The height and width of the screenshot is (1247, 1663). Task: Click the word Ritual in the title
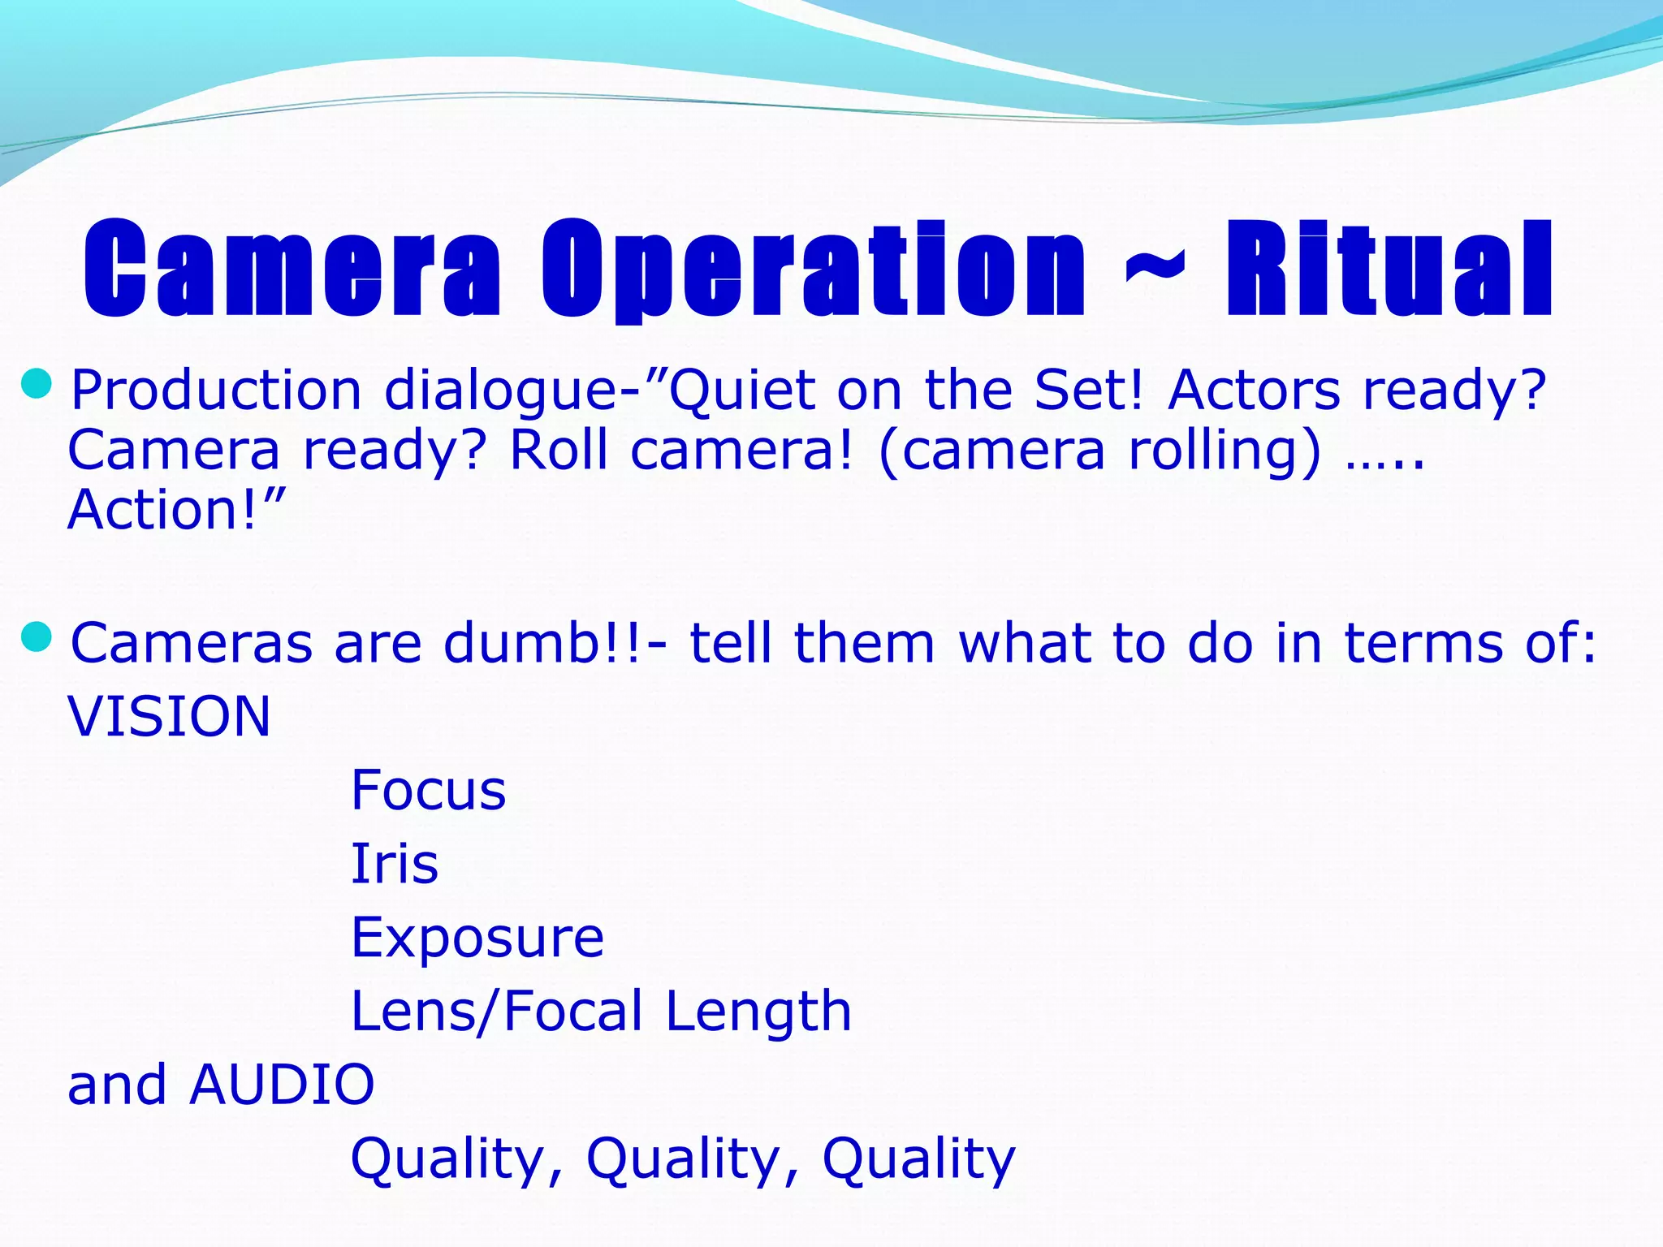[x=1389, y=269]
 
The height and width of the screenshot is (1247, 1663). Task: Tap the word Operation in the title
[x=813, y=269]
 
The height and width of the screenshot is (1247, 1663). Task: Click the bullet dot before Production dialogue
[x=37, y=383]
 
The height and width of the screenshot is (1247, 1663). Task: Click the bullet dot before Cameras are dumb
[x=37, y=636]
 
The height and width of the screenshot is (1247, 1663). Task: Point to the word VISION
[x=169, y=717]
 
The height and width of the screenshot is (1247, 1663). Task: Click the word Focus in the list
[x=428, y=790]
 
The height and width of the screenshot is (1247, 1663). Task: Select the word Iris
[x=394, y=863]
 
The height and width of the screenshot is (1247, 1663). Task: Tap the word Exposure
[x=477, y=938]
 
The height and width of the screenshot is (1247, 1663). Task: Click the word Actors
[x=1254, y=390]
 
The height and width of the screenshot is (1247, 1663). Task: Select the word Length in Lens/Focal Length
[x=758, y=1012]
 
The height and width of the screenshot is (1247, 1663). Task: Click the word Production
[x=216, y=390]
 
